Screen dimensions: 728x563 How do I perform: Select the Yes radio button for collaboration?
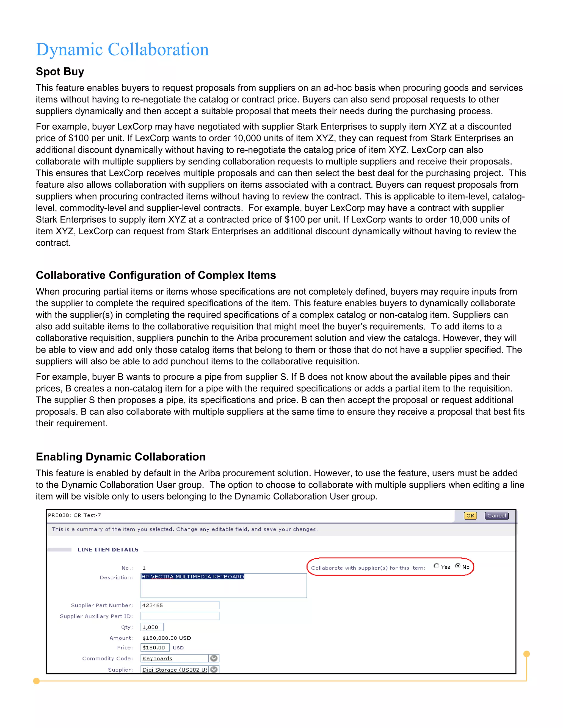[x=436, y=566]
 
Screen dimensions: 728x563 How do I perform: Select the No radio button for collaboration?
[x=458, y=566]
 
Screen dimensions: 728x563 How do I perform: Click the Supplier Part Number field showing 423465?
[x=180, y=605]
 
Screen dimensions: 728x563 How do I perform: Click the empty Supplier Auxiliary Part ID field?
[x=180, y=616]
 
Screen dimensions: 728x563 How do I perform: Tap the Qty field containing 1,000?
[x=152, y=627]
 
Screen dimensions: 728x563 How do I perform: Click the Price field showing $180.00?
[x=155, y=647]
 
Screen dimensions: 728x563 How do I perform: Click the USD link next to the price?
[x=178, y=648]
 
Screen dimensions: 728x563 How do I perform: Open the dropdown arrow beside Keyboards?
[x=214, y=658]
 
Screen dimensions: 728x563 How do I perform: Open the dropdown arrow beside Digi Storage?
[x=214, y=669]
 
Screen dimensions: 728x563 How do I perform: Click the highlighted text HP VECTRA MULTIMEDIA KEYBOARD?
[x=193, y=577]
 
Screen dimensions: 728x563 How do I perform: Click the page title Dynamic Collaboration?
[x=122, y=50]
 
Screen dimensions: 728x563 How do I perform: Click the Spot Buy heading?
[x=60, y=71]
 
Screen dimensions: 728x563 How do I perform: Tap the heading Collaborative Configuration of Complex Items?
[x=156, y=275]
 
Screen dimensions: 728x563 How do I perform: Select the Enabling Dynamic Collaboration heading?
[x=120, y=457]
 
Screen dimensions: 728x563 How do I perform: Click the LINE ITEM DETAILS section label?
[x=108, y=550]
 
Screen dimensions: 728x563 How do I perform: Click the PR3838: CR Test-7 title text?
[x=74, y=515]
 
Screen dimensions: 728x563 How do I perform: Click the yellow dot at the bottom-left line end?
[x=37, y=681]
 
